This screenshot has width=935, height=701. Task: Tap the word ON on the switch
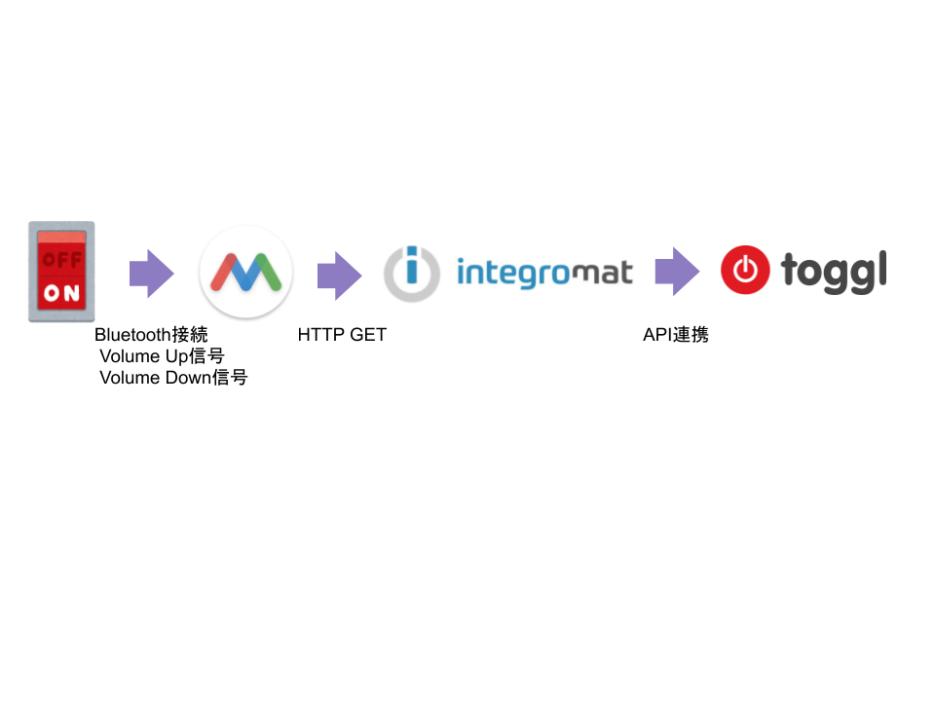click(61, 293)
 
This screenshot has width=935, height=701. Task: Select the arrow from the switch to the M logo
click(151, 274)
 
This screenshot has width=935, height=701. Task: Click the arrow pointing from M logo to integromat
click(339, 276)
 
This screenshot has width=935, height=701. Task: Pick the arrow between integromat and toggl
click(676, 272)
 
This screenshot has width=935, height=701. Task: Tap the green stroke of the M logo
click(272, 274)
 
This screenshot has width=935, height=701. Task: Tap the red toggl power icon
click(745, 271)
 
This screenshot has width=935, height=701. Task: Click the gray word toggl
click(834, 272)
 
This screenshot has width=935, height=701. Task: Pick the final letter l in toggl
click(881, 269)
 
